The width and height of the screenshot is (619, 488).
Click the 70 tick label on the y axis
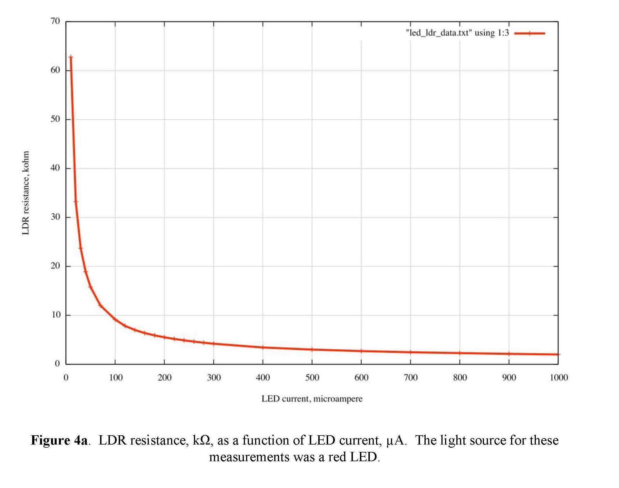[55, 21]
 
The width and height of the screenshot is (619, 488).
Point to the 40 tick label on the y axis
[55, 168]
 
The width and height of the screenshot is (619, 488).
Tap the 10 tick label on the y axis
[56, 315]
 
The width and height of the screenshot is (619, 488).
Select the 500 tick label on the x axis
[312, 378]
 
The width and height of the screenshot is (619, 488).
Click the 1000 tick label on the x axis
[559, 378]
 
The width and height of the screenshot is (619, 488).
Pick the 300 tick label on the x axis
[214, 378]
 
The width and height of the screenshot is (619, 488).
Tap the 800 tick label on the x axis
[460, 378]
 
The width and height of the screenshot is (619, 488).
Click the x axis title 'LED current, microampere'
[312, 399]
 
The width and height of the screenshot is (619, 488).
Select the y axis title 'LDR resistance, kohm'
[26, 193]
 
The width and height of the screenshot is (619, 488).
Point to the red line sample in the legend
[529, 34]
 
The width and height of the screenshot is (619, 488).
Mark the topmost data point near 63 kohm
[71, 57]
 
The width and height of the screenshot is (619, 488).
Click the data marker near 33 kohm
[76, 201]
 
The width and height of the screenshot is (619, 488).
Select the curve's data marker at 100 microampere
[115, 319]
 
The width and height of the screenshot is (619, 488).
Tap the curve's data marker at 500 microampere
[312, 349]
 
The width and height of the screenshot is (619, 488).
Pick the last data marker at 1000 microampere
[558, 354]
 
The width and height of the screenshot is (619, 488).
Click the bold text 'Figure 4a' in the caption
[59, 440]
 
